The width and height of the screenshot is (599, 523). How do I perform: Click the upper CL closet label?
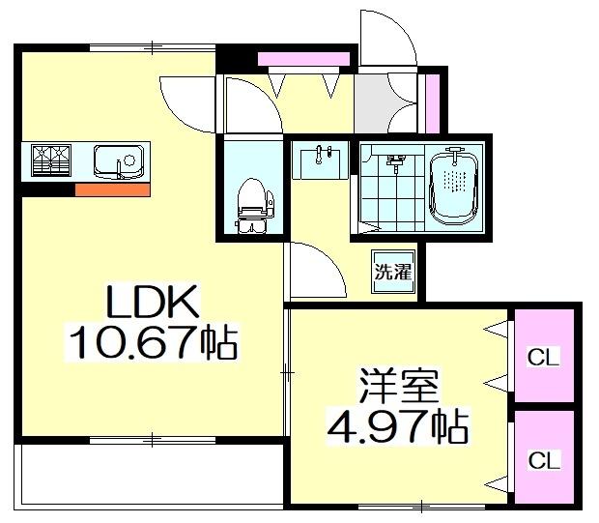[543, 356]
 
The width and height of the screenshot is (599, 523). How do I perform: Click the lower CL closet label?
[543, 460]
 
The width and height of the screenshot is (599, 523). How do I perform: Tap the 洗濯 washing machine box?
[393, 272]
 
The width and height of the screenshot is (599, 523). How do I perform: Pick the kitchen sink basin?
[119, 160]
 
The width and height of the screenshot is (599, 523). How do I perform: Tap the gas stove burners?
[52, 160]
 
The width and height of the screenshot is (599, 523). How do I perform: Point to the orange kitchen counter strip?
[112, 189]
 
